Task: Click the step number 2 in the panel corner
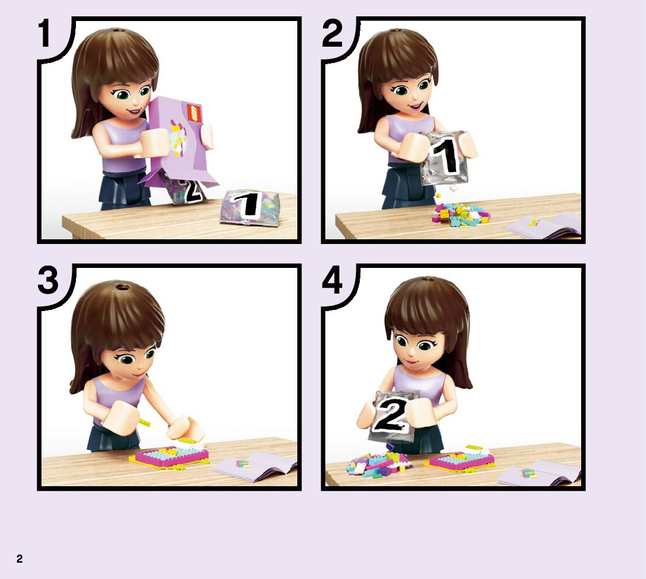tap(332, 34)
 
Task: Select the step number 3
tap(48, 280)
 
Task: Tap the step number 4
tap(332, 280)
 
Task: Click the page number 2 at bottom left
tap(19, 559)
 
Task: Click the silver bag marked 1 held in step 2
tap(444, 158)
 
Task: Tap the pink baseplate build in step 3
tap(170, 456)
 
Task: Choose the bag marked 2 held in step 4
tap(394, 416)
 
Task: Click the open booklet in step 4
tap(539, 473)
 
